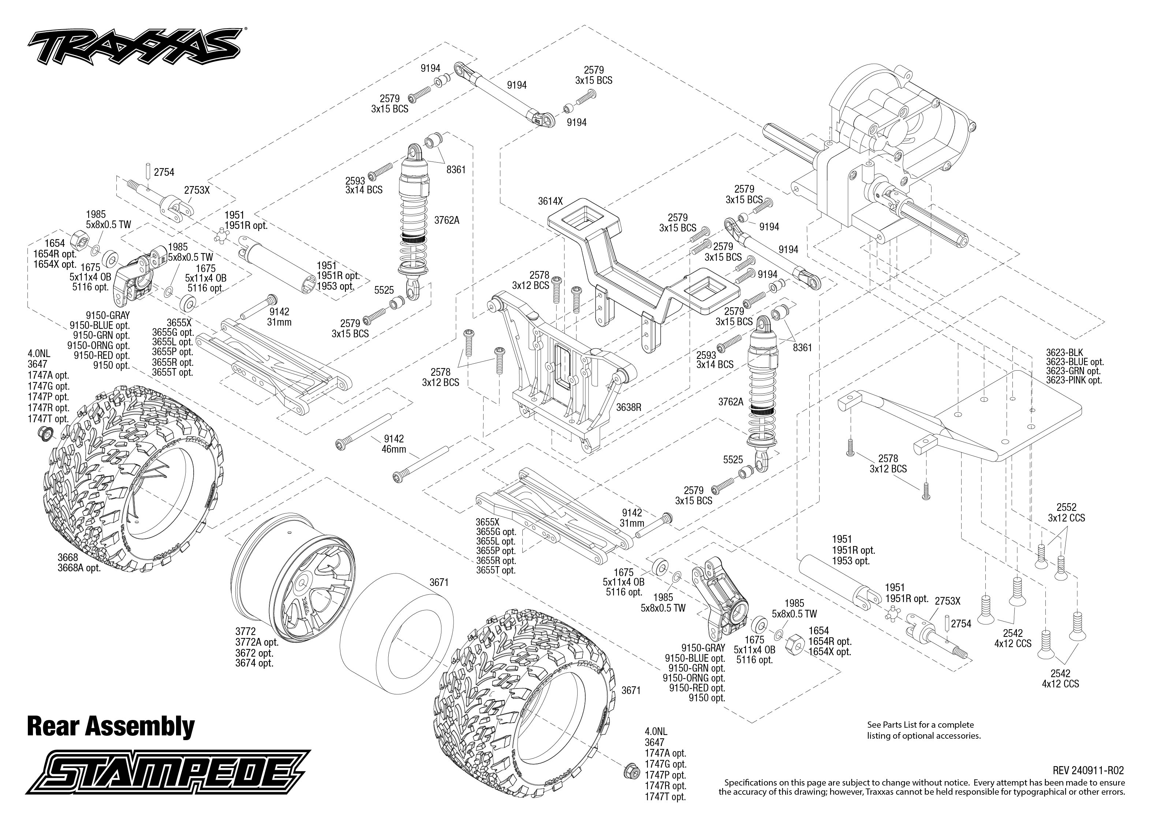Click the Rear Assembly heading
pyautogui.click(x=111, y=726)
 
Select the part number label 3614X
pyautogui.click(x=550, y=201)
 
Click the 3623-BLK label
pyautogui.click(x=1064, y=352)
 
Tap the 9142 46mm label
pyautogui.click(x=394, y=444)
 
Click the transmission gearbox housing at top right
pyautogui.click(x=892, y=132)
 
